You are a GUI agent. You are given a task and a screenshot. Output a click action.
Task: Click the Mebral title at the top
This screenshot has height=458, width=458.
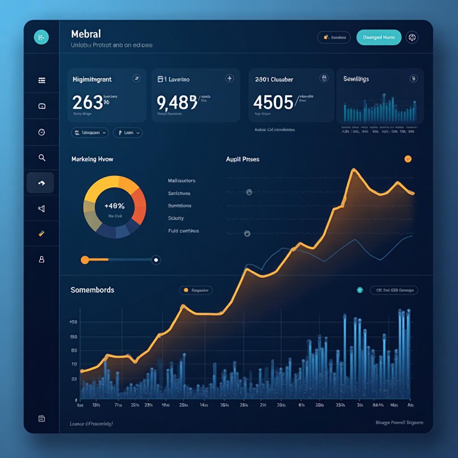tap(86, 34)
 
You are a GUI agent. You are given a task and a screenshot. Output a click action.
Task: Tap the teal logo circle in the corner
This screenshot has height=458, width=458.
tap(41, 38)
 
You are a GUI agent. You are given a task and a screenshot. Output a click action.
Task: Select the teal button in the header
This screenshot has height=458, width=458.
tap(378, 38)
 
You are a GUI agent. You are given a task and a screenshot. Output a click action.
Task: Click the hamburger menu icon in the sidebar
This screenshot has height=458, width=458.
tap(42, 81)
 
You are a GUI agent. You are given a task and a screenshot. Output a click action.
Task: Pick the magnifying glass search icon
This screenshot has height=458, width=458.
tap(42, 157)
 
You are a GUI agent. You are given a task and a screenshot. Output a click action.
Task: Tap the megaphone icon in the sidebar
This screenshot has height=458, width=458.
tap(42, 208)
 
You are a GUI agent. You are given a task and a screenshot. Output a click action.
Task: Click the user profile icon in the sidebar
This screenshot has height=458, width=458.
tap(42, 259)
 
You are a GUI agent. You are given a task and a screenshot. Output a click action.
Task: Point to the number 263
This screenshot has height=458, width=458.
tap(88, 102)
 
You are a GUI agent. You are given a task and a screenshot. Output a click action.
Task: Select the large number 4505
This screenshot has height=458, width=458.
tap(273, 102)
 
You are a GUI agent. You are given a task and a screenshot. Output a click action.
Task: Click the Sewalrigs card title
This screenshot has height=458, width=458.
tap(356, 79)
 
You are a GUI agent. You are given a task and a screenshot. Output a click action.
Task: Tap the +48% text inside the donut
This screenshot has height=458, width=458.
tap(114, 206)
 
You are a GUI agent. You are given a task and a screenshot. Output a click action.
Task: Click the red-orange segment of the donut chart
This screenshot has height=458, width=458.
tap(139, 207)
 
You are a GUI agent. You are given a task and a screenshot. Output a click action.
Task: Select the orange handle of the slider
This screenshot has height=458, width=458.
tap(85, 259)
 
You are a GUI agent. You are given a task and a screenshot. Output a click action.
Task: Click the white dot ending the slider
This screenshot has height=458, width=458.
tap(156, 259)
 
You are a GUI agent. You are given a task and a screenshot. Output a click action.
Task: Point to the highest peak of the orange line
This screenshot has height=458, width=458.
tap(353, 170)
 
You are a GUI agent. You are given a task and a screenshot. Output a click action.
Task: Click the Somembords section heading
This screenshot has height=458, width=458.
tap(92, 290)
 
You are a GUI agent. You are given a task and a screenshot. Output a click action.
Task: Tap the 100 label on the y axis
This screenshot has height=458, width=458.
tap(74, 322)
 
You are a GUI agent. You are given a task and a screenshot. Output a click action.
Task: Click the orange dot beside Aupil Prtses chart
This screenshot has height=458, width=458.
tap(408, 159)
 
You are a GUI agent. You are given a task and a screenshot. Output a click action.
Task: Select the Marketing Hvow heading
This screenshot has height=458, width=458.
tap(92, 159)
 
